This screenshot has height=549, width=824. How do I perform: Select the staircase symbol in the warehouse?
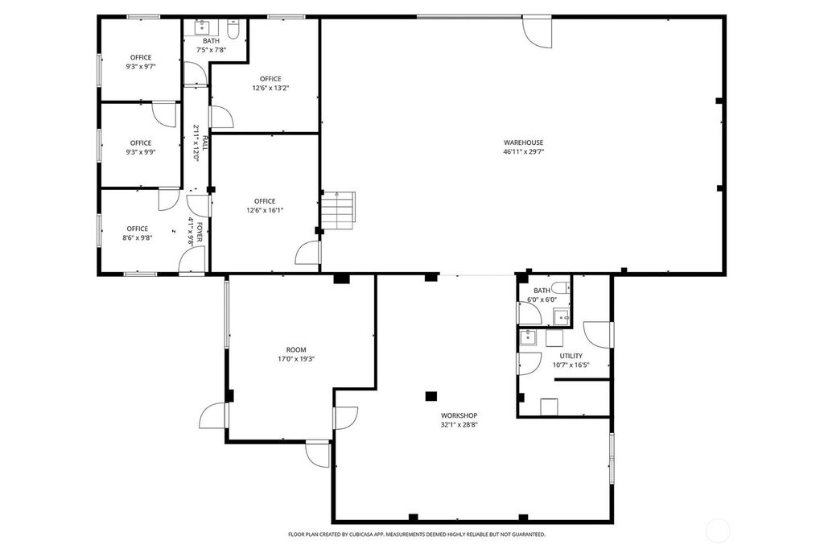pos(337,210)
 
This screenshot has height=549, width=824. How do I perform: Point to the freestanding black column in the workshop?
pos(431,395)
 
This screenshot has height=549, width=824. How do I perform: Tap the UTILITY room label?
pos(571,355)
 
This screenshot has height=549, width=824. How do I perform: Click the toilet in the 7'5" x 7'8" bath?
pos(233,31)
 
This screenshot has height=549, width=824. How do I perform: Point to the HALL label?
pos(204,143)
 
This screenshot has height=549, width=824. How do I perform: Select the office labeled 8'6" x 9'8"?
pos(137,233)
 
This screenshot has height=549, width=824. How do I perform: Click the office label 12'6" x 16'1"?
pos(265,205)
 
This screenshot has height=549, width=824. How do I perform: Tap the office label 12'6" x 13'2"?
pos(270,83)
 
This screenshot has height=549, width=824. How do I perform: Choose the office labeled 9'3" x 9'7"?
pos(141,61)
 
